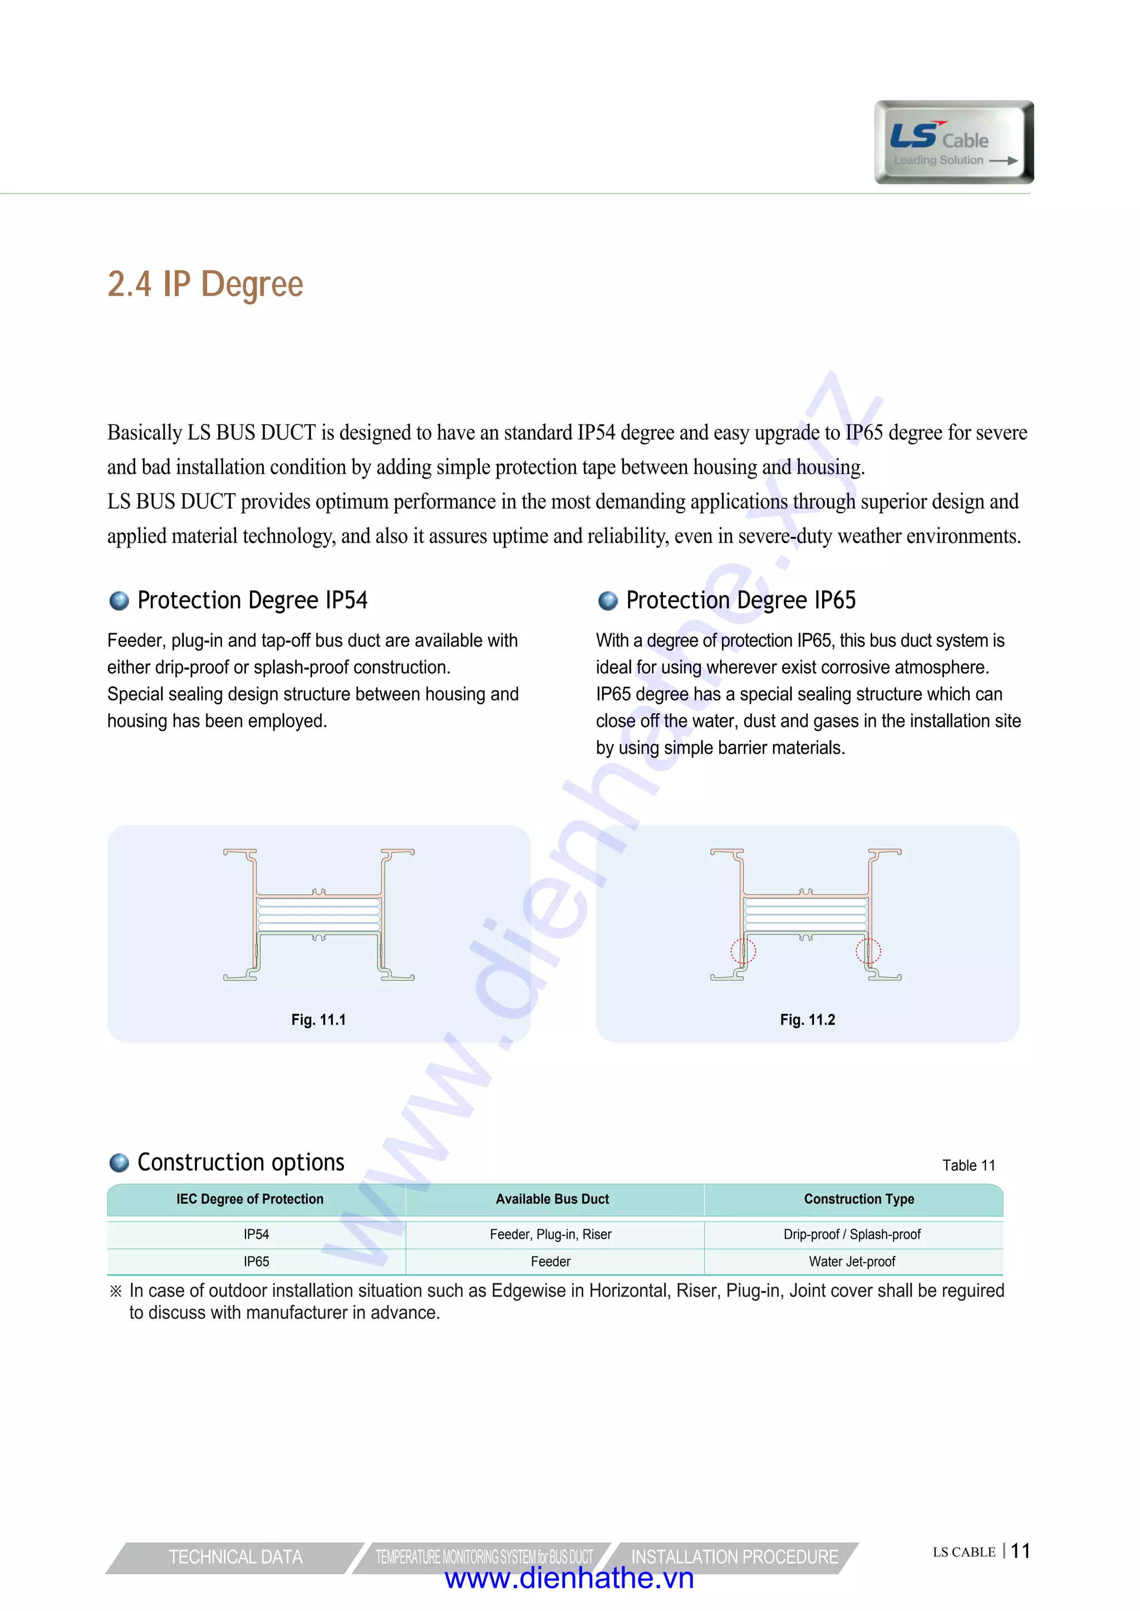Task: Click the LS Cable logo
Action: coord(954,142)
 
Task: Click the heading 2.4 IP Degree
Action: coord(205,284)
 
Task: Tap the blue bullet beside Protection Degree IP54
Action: coord(119,600)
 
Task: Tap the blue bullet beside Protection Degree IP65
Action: coord(607,600)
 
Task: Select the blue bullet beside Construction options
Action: coord(119,1162)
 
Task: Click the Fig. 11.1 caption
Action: coord(319,1019)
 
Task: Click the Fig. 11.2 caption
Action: coord(807,1019)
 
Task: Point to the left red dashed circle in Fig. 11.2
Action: coord(743,952)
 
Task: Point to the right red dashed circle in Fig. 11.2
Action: coord(868,952)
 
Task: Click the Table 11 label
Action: coord(969,1165)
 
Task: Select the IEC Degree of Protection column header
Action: coord(250,1199)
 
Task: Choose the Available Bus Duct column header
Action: coord(552,1199)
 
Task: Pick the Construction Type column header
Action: coord(859,1199)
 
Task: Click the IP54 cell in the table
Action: coord(256,1234)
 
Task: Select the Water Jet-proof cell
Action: coord(852,1262)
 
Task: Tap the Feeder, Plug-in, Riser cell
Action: coord(551,1234)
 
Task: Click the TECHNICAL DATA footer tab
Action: coord(236,1557)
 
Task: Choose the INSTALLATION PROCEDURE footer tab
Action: coord(734,1557)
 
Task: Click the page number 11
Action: coord(1021,1551)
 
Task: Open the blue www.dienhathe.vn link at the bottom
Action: coord(569,1579)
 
